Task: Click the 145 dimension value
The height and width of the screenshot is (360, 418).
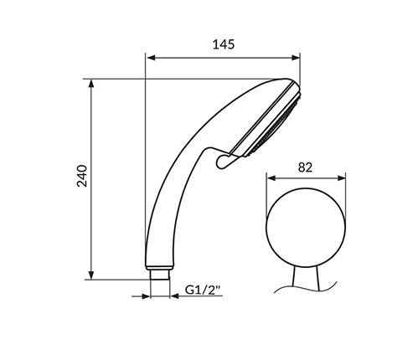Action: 224,44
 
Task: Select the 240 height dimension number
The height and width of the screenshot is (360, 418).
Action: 82,176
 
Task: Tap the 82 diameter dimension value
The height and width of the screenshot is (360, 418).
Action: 305,167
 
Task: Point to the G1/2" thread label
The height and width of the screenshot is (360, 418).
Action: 203,290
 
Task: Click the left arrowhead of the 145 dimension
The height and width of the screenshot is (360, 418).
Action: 151,58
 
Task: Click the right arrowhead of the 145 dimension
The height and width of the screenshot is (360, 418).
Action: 296,58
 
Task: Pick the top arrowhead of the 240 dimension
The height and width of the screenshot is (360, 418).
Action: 91,84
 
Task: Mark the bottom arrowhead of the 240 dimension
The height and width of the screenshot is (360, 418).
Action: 91,275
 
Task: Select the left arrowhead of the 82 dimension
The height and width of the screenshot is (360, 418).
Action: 271,178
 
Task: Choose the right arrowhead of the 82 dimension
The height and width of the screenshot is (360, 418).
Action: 341,178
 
